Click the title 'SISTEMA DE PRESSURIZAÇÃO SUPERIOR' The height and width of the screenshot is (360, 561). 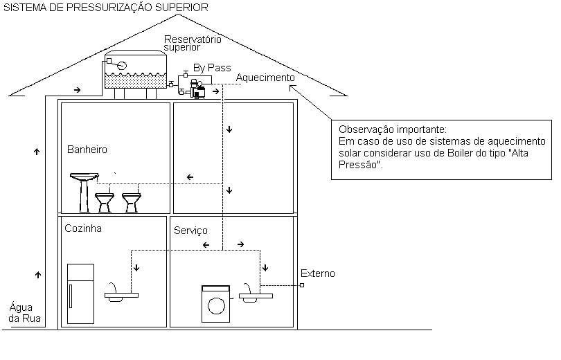(105, 8)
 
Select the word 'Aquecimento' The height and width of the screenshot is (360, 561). (265, 78)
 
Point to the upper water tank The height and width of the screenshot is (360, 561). (135, 71)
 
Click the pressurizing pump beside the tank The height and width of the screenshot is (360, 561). (199, 89)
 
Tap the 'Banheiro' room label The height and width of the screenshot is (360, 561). (87, 149)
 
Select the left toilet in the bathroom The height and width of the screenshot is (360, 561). (105, 202)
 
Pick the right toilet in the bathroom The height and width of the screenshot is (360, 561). (130, 202)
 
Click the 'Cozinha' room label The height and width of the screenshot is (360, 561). (83, 228)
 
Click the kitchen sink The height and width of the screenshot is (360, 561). (121, 294)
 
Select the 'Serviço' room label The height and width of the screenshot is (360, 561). (190, 230)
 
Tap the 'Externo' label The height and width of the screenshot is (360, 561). (318, 273)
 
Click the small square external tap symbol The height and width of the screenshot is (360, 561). (302, 285)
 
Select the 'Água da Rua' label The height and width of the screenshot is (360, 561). (26, 313)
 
